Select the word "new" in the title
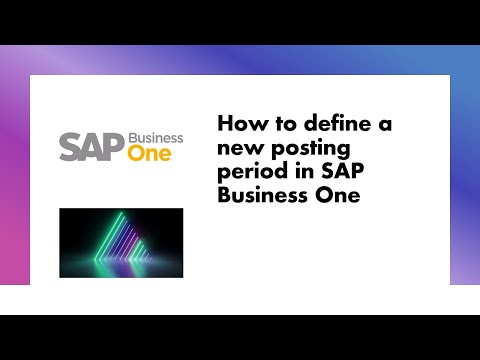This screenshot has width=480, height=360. (x=238, y=147)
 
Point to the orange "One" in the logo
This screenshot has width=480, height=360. (x=149, y=154)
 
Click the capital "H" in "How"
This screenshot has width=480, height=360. (x=225, y=123)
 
